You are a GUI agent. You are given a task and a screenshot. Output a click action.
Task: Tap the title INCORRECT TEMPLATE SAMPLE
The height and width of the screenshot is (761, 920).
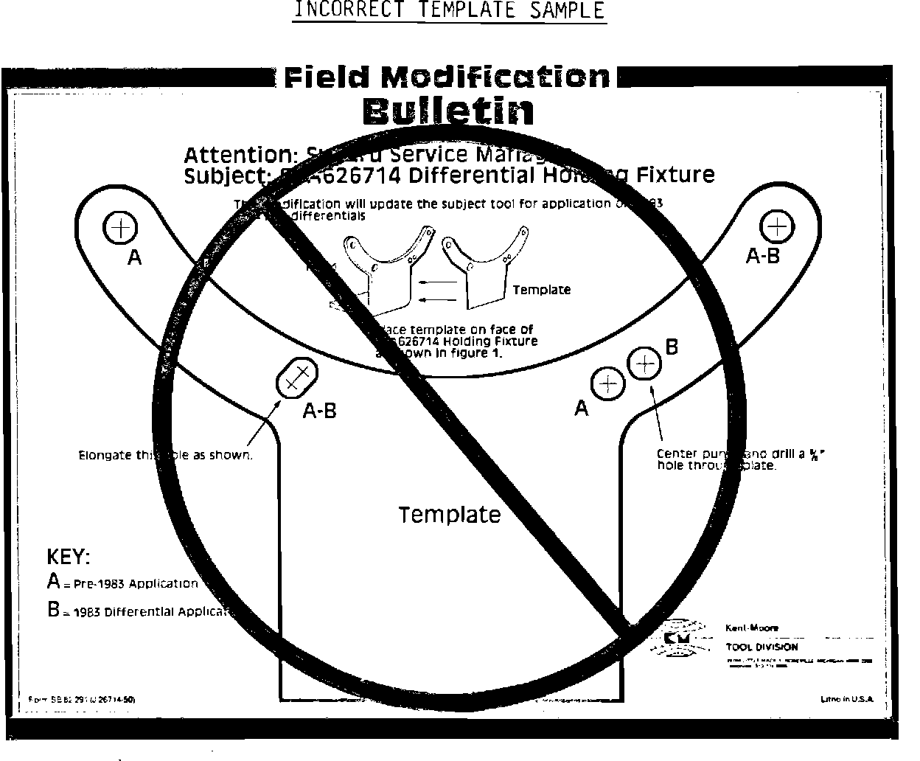[449, 10]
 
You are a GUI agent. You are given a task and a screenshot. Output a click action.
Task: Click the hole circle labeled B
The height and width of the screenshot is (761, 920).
[645, 362]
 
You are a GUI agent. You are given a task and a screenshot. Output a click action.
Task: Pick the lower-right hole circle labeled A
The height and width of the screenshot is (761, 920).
[608, 383]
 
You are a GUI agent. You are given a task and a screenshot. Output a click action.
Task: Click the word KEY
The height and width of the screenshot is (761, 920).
[69, 557]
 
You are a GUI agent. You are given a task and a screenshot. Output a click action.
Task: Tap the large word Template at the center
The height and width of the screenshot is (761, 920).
[449, 514]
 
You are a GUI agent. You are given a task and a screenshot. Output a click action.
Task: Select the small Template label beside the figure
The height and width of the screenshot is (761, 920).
[541, 290]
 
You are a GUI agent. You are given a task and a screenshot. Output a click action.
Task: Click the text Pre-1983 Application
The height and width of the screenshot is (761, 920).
[136, 584]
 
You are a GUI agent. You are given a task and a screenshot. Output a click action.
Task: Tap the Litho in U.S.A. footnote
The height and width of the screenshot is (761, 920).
[846, 698]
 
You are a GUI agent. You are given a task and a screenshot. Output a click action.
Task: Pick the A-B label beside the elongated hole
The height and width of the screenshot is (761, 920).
[319, 411]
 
